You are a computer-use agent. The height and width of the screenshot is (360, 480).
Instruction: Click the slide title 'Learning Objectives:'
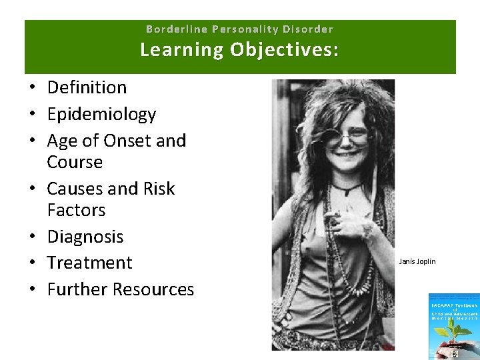click(239, 50)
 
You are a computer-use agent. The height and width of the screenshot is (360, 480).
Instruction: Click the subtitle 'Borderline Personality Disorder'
click(239, 29)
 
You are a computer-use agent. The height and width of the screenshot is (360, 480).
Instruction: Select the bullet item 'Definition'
click(87, 87)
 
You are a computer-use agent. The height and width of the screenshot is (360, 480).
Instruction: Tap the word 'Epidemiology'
click(101, 114)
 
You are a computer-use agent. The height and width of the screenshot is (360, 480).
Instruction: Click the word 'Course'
click(75, 162)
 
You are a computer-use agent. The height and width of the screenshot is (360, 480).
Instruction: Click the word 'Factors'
click(76, 210)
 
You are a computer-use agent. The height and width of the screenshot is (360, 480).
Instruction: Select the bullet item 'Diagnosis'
click(85, 237)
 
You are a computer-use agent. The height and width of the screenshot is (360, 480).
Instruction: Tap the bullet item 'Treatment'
click(89, 263)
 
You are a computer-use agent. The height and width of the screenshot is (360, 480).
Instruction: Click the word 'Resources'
click(153, 289)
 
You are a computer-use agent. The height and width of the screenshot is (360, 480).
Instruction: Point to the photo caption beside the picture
click(417, 261)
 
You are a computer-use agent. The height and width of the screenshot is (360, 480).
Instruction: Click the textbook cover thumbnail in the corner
click(453, 327)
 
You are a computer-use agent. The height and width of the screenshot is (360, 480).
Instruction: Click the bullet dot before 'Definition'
click(32, 88)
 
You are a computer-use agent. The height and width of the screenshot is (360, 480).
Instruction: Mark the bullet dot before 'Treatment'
click(32, 263)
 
